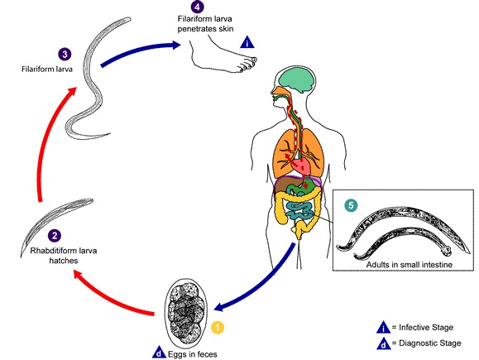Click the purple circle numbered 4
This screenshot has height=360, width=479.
(x=197, y=7)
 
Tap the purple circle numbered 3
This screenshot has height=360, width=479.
(x=65, y=55)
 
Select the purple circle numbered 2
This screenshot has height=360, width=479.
(x=55, y=236)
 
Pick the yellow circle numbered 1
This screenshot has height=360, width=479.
(x=218, y=328)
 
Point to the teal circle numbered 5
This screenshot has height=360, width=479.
(x=351, y=205)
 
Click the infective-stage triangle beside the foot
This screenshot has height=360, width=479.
(x=247, y=42)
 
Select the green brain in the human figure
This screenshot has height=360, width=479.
(x=297, y=79)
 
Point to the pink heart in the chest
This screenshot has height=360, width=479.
(x=301, y=166)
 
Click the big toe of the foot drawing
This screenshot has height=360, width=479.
(x=252, y=60)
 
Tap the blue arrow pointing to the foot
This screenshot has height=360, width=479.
(x=140, y=52)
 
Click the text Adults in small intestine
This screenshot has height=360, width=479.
(x=409, y=264)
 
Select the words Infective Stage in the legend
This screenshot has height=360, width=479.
(x=426, y=327)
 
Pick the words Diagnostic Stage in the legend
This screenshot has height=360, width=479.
(x=430, y=343)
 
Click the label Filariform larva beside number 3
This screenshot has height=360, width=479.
(x=47, y=69)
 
